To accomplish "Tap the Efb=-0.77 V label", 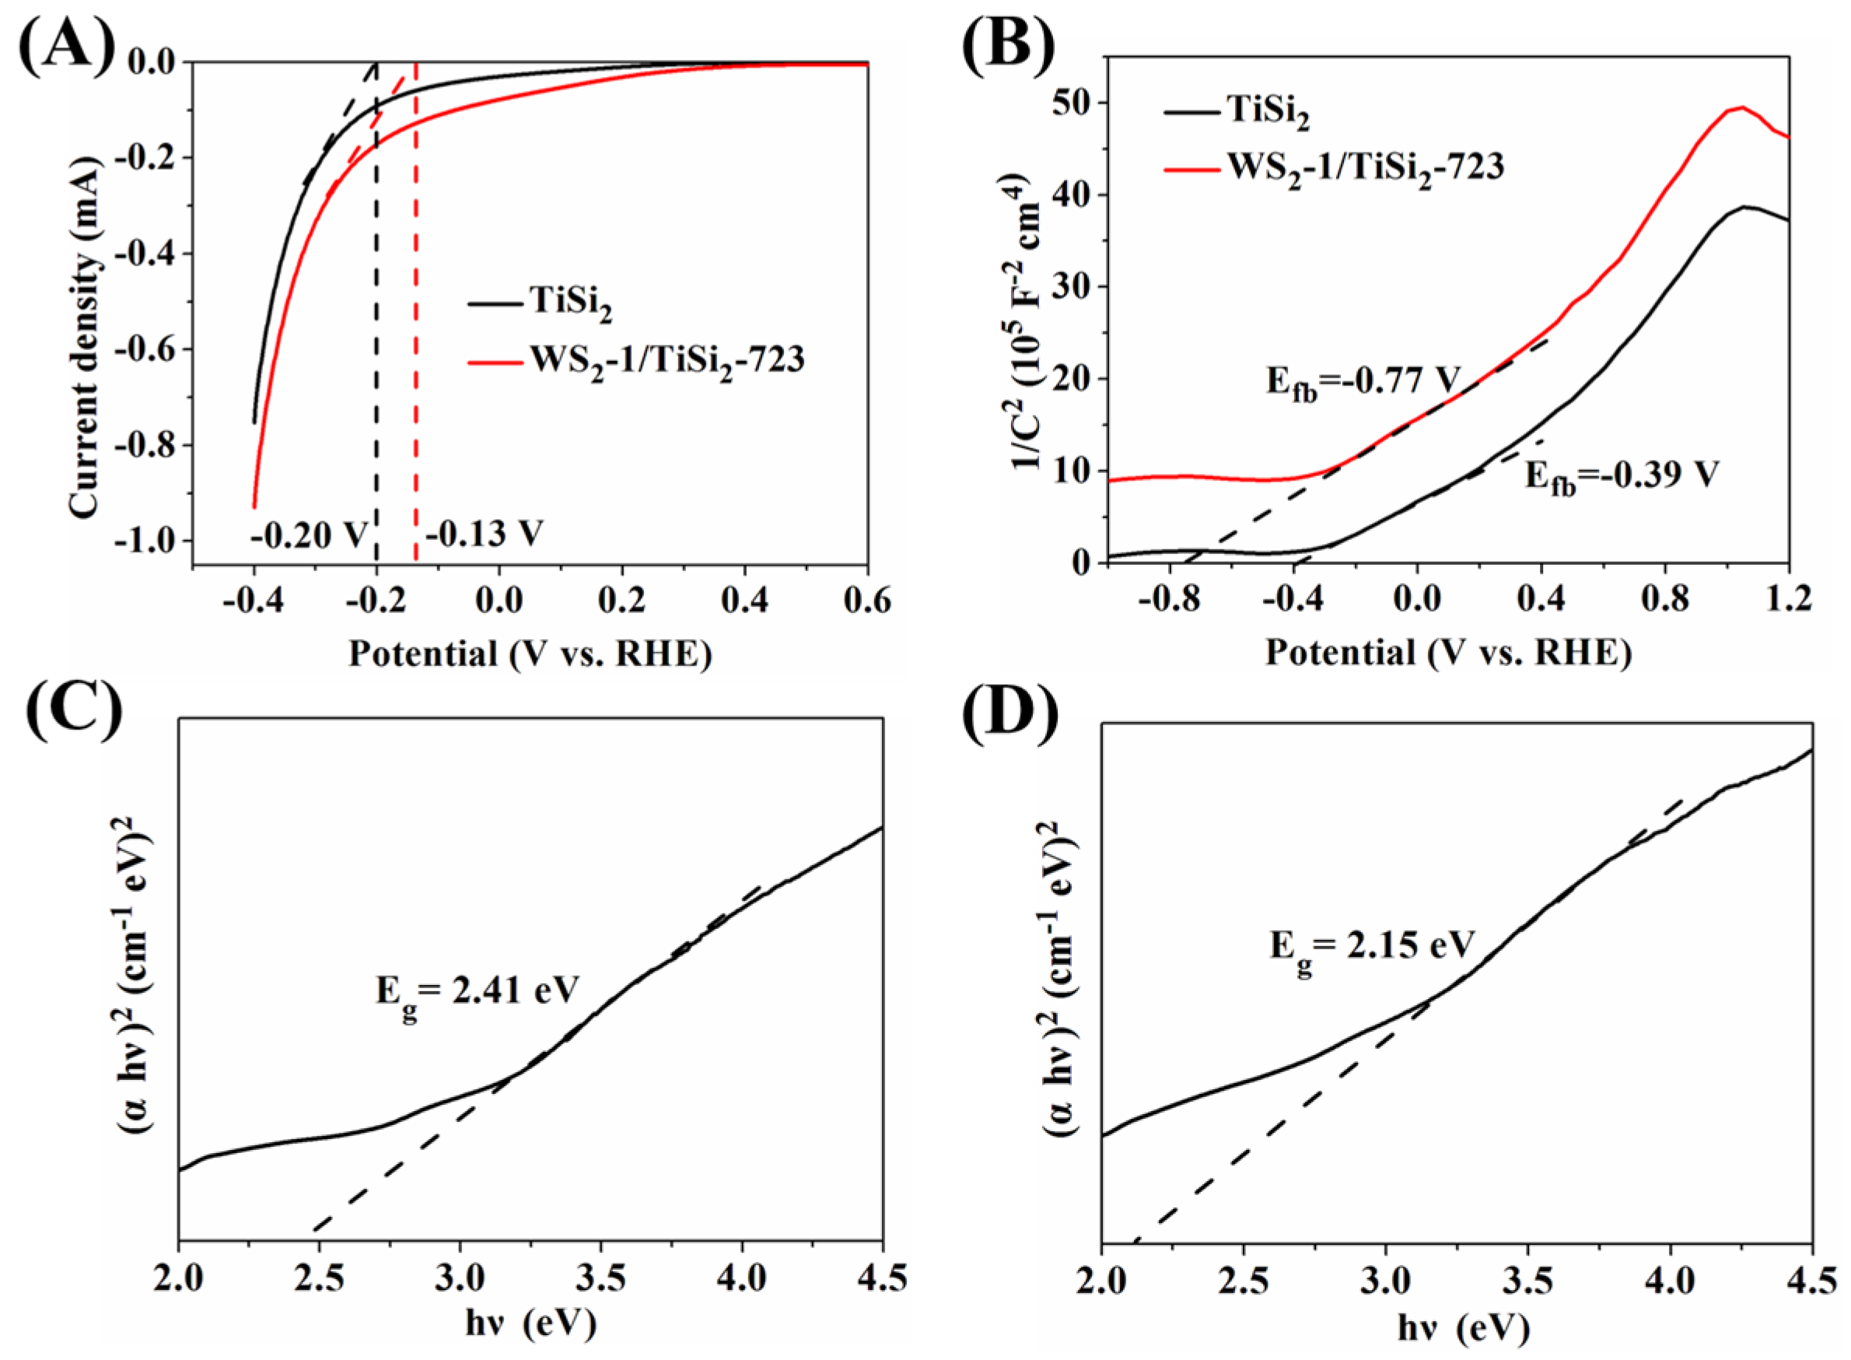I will coord(1362,384).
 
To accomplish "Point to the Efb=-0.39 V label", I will coord(1622,478).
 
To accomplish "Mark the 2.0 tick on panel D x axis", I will coord(1101,1281).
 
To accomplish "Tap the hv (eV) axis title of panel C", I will coord(531,1326).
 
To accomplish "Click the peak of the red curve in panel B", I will coord(1742,107).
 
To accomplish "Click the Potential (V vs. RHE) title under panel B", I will coord(1447,653).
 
